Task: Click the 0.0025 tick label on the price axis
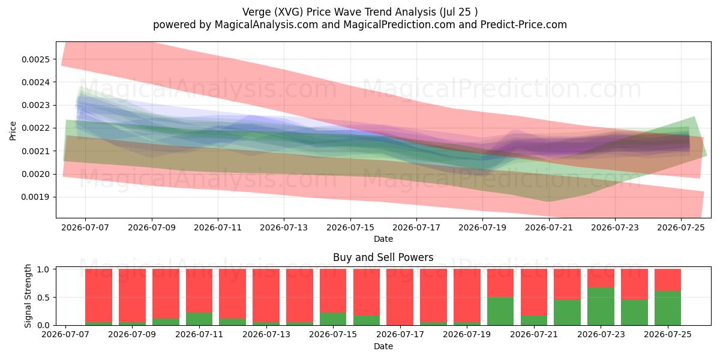35,59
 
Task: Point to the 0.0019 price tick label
35,197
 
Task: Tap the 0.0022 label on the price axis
35,128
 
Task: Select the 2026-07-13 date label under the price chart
284,228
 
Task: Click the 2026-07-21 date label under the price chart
549,228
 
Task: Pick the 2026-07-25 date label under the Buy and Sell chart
668,335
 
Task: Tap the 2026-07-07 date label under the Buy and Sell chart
65,335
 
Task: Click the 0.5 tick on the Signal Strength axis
43,298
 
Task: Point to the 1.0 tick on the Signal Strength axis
43,269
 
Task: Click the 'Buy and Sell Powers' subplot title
383,257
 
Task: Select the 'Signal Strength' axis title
28,296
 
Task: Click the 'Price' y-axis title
13,131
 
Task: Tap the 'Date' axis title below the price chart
383,239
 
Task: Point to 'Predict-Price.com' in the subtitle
524,25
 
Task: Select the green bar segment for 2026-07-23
601,307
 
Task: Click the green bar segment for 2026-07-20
500,311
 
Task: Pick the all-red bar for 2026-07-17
400,297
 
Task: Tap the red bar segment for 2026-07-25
668,280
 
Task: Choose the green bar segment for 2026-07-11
199,319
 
